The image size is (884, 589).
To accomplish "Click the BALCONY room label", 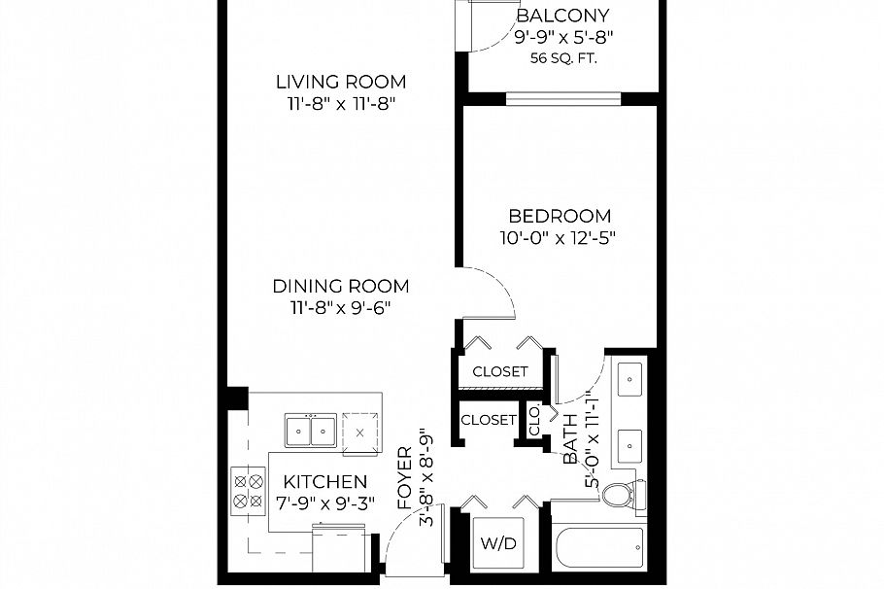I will click(562, 16).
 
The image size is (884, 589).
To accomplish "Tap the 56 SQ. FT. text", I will click(563, 58).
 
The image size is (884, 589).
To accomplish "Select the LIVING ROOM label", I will click(340, 82).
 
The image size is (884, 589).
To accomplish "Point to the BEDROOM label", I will click(561, 216).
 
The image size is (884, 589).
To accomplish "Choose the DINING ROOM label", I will click(340, 287).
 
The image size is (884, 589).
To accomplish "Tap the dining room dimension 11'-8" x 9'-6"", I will click(340, 308).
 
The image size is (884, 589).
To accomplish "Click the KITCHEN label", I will click(325, 482).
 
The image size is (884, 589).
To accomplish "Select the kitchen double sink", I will click(311, 428).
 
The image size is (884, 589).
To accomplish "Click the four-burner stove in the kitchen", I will click(249, 491).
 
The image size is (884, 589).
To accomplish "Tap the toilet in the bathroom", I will click(618, 495).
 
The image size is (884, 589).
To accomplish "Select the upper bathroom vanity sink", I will click(630, 376).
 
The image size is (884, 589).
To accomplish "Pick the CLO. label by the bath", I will click(534, 422).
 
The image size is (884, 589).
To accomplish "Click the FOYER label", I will click(405, 477).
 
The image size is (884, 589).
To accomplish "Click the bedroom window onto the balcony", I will click(562, 97).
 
